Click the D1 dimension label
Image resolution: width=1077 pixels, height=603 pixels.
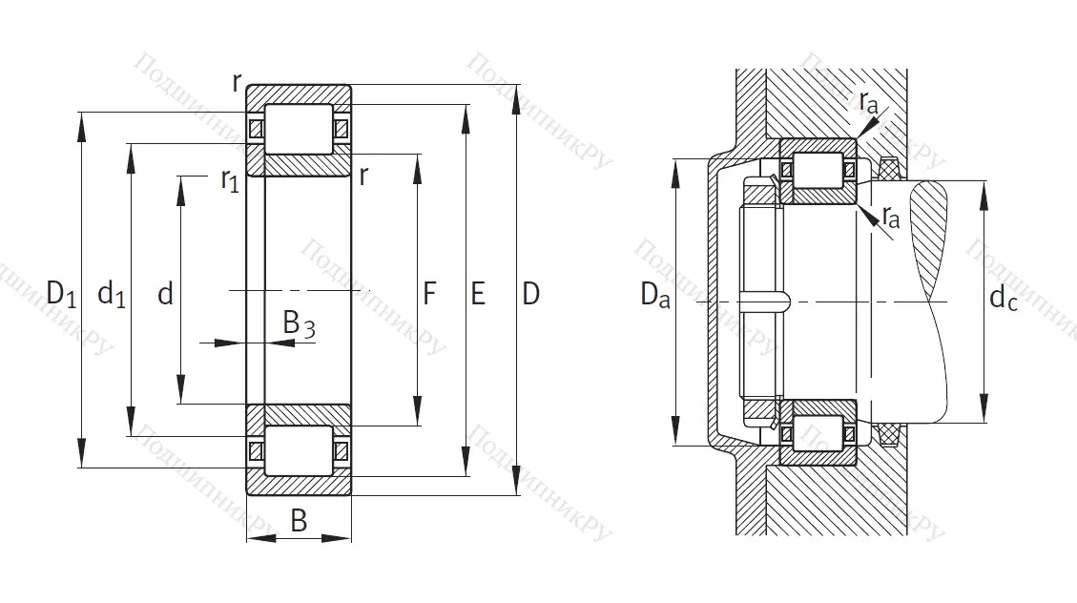tap(61, 295)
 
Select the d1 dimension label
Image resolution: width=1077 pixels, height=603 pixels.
tap(112, 295)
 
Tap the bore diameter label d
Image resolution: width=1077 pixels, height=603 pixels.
tap(165, 295)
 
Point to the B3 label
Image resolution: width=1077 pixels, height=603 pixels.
tap(299, 325)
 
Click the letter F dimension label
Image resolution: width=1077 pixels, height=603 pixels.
tap(429, 295)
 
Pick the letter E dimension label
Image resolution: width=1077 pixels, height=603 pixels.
tap(478, 295)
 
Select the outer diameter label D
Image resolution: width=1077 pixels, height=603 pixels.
tap(530, 295)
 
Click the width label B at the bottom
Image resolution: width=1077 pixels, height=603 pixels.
tap(299, 521)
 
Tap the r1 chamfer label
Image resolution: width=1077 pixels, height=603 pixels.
tap(229, 179)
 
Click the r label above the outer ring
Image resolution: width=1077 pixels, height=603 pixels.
tap(237, 82)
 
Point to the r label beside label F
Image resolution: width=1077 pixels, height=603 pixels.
tap(364, 175)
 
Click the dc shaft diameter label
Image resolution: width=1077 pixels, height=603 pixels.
tap(1003, 299)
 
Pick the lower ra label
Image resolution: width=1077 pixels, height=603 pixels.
tap(890, 218)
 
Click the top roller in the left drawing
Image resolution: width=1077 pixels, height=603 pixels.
tap(298, 129)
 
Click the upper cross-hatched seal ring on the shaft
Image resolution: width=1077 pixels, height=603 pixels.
tap(889, 170)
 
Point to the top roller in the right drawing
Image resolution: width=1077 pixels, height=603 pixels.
tap(818, 170)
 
